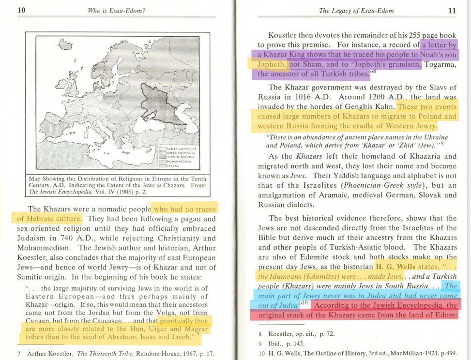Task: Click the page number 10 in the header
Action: pos(21,10)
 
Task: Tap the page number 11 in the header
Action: pos(452,10)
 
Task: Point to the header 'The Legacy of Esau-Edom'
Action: pos(356,10)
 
